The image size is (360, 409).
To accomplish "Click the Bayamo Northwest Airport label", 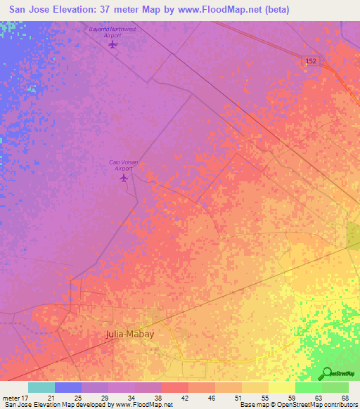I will [113, 32].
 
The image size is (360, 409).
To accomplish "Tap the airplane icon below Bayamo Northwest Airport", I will [113, 45].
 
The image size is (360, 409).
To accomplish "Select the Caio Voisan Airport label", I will [124, 165].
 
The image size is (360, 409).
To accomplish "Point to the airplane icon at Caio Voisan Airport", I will [124, 178].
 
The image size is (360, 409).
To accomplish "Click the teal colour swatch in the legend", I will [41, 387].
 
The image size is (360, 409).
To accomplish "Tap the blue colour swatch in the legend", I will [67, 387].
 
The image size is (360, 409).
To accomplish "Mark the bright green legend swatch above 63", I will [308, 387].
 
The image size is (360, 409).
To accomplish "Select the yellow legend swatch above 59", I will [281, 387].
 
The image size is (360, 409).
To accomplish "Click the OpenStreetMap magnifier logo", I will [326, 373].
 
